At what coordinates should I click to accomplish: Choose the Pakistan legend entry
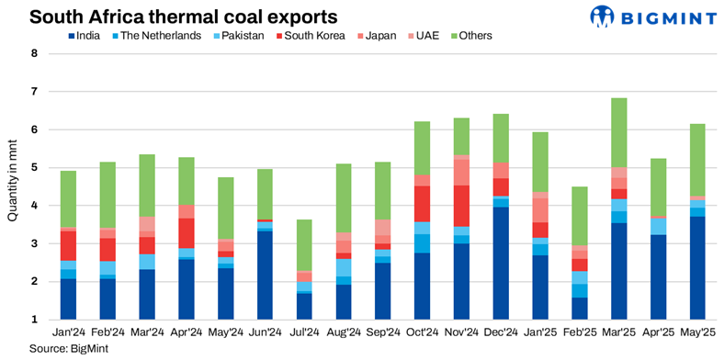(x=235, y=36)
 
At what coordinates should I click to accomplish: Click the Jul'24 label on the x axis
(x=304, y=332)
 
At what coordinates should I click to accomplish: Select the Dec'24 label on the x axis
(x=501, y=332)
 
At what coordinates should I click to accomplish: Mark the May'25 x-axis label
(x=697, y=332)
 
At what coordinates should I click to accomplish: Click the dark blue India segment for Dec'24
(x=501, y=263)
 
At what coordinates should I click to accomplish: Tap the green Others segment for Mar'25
(x=619, y=132)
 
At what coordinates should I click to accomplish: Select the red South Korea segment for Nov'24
(x=461, y=206)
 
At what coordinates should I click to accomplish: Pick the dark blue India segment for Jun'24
(x=265, y=276)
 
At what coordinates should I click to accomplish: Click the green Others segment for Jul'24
(x=304, y=244)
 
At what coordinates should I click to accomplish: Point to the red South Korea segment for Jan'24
(x=68, y=245)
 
